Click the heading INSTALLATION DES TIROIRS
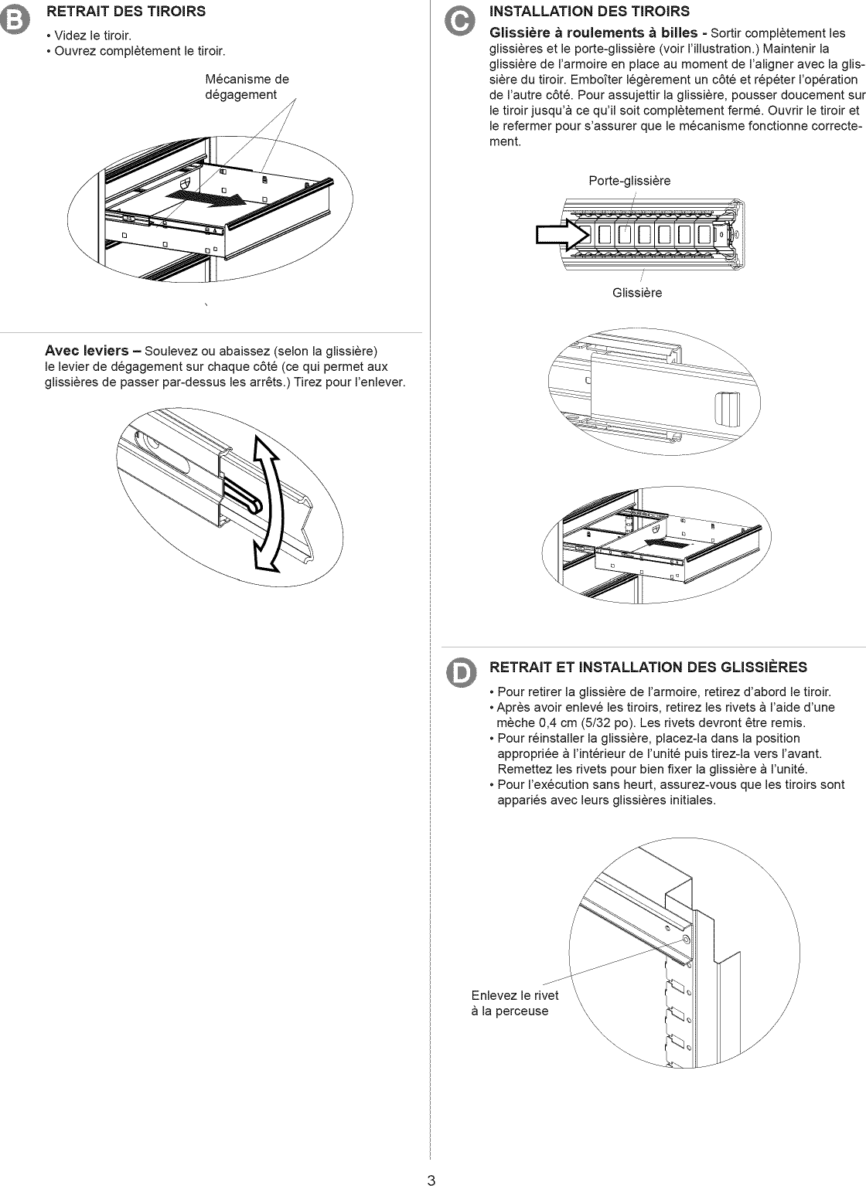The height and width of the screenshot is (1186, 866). click(590, 11)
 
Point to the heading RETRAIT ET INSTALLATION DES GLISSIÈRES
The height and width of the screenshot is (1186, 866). click(649, 668)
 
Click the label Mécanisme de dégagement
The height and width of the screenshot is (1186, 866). click(247, 87)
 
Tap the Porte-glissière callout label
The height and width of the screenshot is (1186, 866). click(629, 181)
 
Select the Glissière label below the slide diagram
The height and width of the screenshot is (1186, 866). click(637, 293)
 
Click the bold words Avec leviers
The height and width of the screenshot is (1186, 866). click(87, 351)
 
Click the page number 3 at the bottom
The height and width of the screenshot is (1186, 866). click(431, 1179)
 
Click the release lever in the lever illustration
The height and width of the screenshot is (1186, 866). click(246, 497)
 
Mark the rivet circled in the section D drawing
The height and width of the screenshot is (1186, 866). click(687, 940)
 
